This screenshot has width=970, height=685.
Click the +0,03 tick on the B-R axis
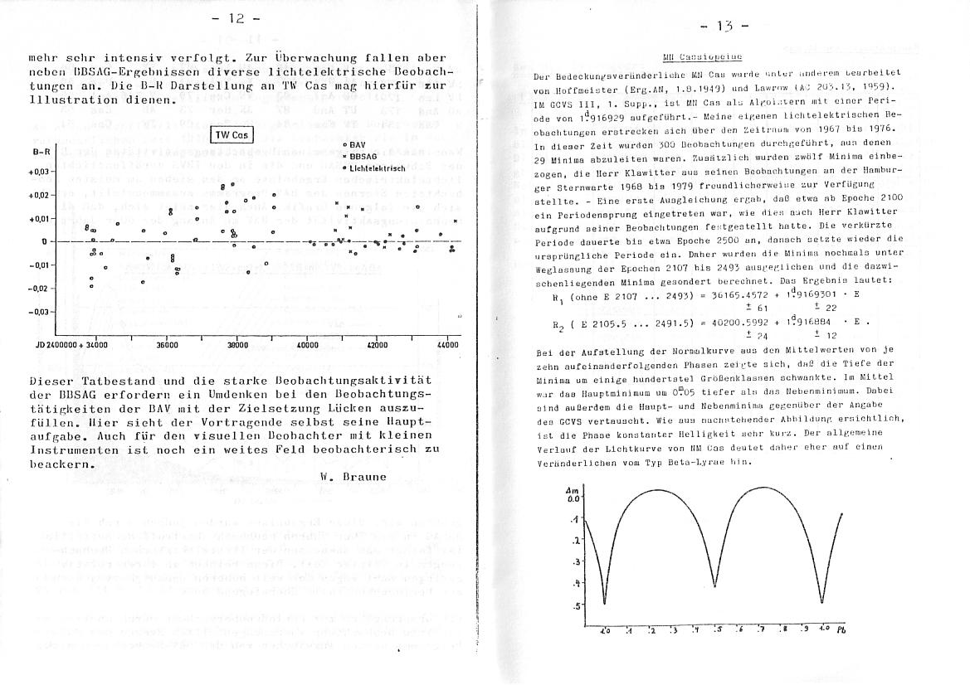41,172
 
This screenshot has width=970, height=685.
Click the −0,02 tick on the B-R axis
41,289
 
